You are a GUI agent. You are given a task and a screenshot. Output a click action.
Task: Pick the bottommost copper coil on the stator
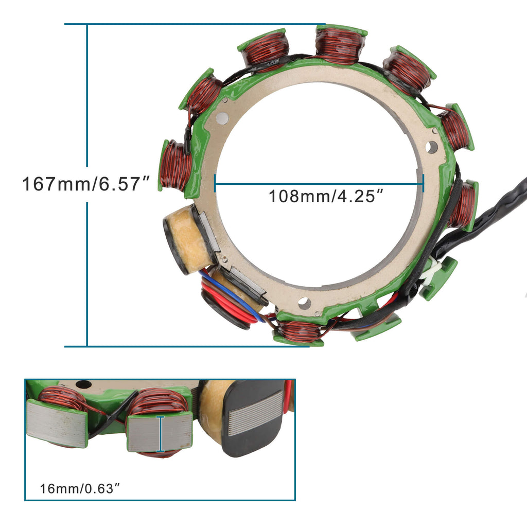299,332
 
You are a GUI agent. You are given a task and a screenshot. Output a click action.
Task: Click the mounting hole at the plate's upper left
222,118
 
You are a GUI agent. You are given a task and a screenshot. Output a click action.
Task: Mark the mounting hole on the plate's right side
432,147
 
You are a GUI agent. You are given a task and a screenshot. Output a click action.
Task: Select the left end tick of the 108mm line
215,182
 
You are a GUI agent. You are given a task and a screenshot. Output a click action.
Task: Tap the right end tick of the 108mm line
423,182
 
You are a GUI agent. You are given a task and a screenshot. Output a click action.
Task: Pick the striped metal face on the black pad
255,413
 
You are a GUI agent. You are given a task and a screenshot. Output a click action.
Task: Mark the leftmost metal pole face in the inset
58,423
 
